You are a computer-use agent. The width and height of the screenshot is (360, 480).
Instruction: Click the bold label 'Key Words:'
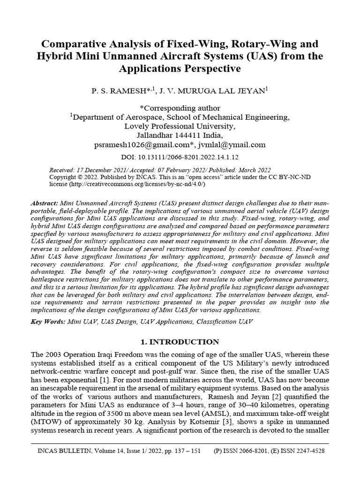coord(48,322)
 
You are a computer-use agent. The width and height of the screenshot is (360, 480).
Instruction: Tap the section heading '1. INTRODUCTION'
coord(180,342)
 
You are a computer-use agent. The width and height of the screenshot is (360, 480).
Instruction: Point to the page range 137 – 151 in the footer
coord(186,451)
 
